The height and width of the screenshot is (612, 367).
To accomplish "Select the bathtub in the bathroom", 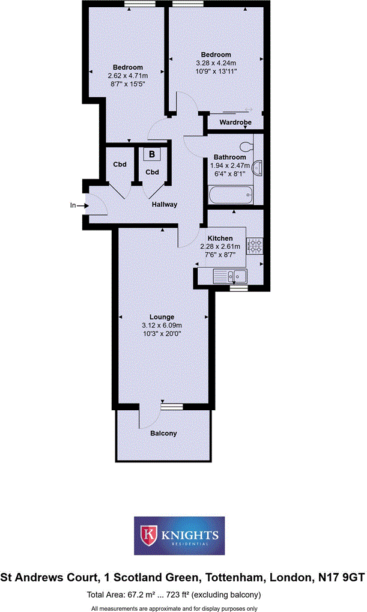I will tap(231, 195).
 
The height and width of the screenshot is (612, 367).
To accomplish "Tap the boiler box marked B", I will tap(152, 154).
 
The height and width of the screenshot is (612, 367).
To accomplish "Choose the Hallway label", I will tap(164, 204).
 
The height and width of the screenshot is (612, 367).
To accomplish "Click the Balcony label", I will tap(163, 433).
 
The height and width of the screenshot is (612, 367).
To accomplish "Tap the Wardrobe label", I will tap(234, 123).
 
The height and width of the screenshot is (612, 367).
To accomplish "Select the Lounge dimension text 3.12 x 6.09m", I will tap(162, 326).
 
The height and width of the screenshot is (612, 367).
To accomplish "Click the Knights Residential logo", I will tap(180, 535).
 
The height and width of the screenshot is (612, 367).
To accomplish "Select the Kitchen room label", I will tap(220, 238).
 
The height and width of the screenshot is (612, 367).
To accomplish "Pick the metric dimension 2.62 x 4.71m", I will tap(127, 76).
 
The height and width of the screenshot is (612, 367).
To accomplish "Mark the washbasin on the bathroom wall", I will tap(259, 168).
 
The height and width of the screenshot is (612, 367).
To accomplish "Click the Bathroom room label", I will tap(228, 157).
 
